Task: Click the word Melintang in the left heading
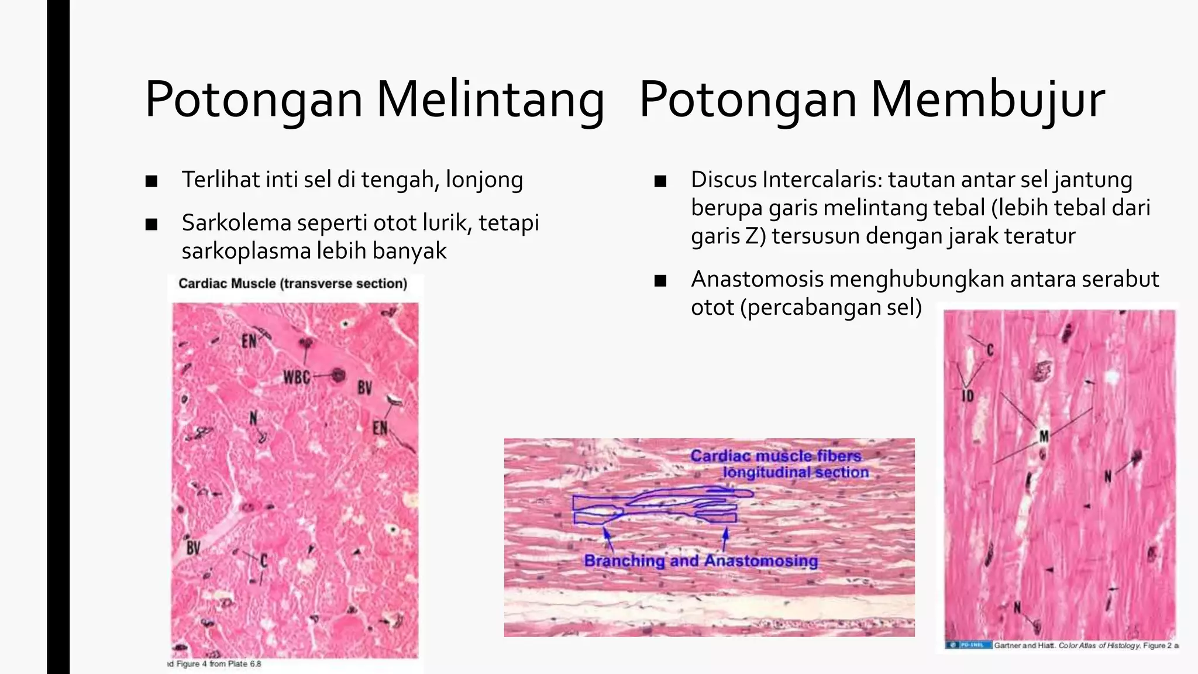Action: tap(490, 99)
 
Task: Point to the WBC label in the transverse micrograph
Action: tap(297, 377)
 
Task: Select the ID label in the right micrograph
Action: tap(968, 396)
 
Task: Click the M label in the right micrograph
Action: tap(1044, 436)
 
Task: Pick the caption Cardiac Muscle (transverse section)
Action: tap(292, 284)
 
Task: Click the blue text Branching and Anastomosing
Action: tap(701, 560)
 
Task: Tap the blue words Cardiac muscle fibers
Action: tap(776, 456)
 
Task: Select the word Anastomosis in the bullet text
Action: tap(757, 279)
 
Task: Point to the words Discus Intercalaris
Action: tap(786, 180)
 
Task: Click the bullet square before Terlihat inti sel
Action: tap(152, 181)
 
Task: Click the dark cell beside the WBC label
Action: tap(337, 375)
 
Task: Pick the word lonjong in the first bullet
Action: tap(484, 180)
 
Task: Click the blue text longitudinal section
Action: tap(796, 472)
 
